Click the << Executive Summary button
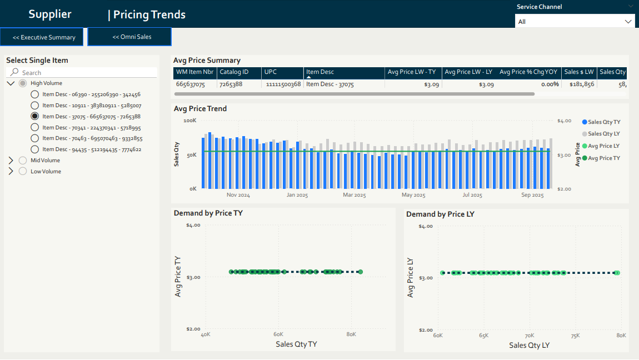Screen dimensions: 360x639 click(x=43, y=37)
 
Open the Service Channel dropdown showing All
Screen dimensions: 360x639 click(x=575, y=22)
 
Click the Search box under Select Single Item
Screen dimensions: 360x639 click(x=83, y=73)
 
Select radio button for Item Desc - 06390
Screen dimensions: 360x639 click(x=35, y=94)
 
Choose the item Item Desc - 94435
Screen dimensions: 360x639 click(x=35, y=149)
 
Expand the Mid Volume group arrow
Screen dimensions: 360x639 click(x=11, y=161)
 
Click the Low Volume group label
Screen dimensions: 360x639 click(x=46, y=172)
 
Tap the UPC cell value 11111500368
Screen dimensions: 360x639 click(x=282, y=84)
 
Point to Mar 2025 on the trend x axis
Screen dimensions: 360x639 click(x=354, y=196)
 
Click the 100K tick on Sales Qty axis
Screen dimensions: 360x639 click(x=190, y=121)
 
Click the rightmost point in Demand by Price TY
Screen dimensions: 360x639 click(x=360, y=272)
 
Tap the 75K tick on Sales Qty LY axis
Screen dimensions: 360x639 click(x=575, y=336)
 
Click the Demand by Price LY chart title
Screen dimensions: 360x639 click(x=440, y=214)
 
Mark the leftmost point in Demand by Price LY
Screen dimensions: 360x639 click(x=443, y=273)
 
